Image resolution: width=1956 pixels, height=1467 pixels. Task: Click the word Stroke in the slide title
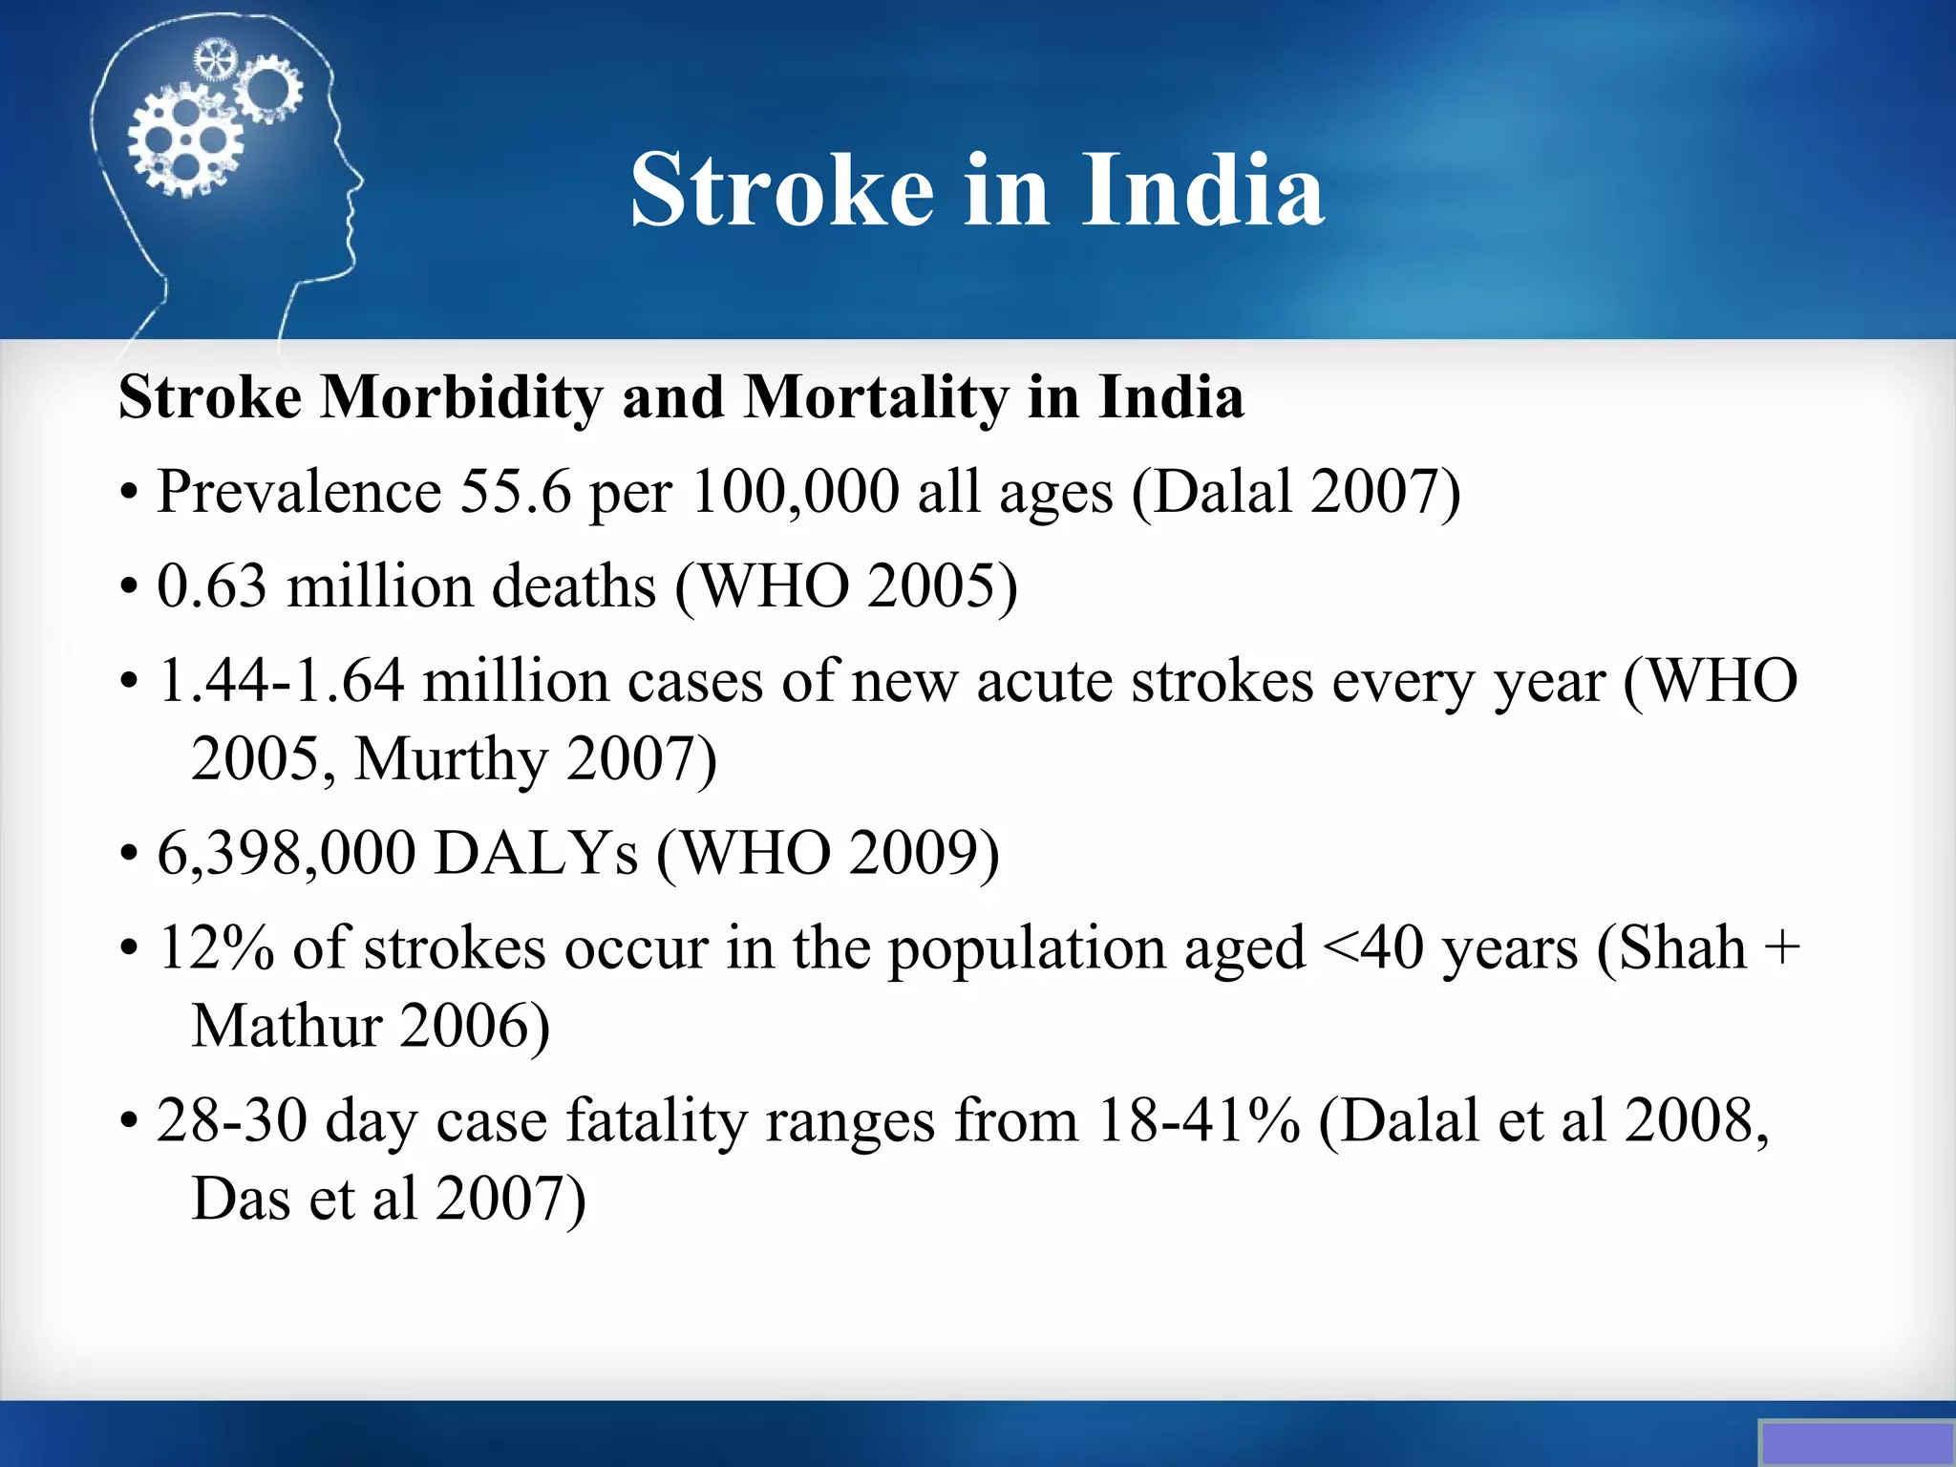click(x=781, y=191)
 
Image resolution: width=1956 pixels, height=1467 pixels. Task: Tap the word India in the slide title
click(x=1202, y=191)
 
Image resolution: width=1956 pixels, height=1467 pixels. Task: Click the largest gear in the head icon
click(x=184, y=141)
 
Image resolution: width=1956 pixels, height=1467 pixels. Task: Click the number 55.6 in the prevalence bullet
click(x=516, y=493)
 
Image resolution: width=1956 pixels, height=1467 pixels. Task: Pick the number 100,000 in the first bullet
click(x=795, y=493)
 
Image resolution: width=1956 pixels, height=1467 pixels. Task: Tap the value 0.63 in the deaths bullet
click(x=211, y=586)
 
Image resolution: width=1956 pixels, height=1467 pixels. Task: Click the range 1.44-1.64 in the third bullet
click(x=281, y=682)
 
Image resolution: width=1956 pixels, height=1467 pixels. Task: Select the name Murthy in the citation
click(x=451, y=760)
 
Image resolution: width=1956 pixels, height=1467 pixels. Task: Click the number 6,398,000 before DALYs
click(x=286, y=853)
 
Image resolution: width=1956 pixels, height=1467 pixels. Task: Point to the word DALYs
click(x=535, y=853)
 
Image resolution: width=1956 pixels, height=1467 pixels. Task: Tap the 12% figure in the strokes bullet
click(x=216, y=948)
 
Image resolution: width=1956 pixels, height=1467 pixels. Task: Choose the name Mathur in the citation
click(x=287, y=1027)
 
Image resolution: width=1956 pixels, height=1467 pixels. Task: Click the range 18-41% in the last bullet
click(x=1199, y=1120)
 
